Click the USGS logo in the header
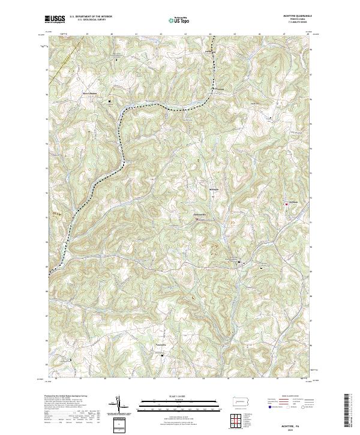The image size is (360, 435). (55, 19)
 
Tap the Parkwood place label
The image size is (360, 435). (210, 51)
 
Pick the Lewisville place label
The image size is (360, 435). (161, 346)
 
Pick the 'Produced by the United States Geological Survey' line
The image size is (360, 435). (65, 397)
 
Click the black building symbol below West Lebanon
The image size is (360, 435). (110, 101)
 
